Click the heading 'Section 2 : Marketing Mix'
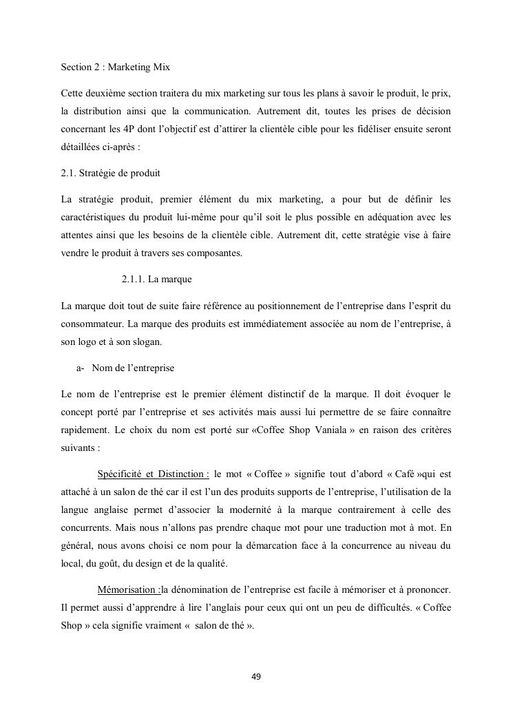[115, 67]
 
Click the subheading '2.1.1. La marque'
[156, 279]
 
